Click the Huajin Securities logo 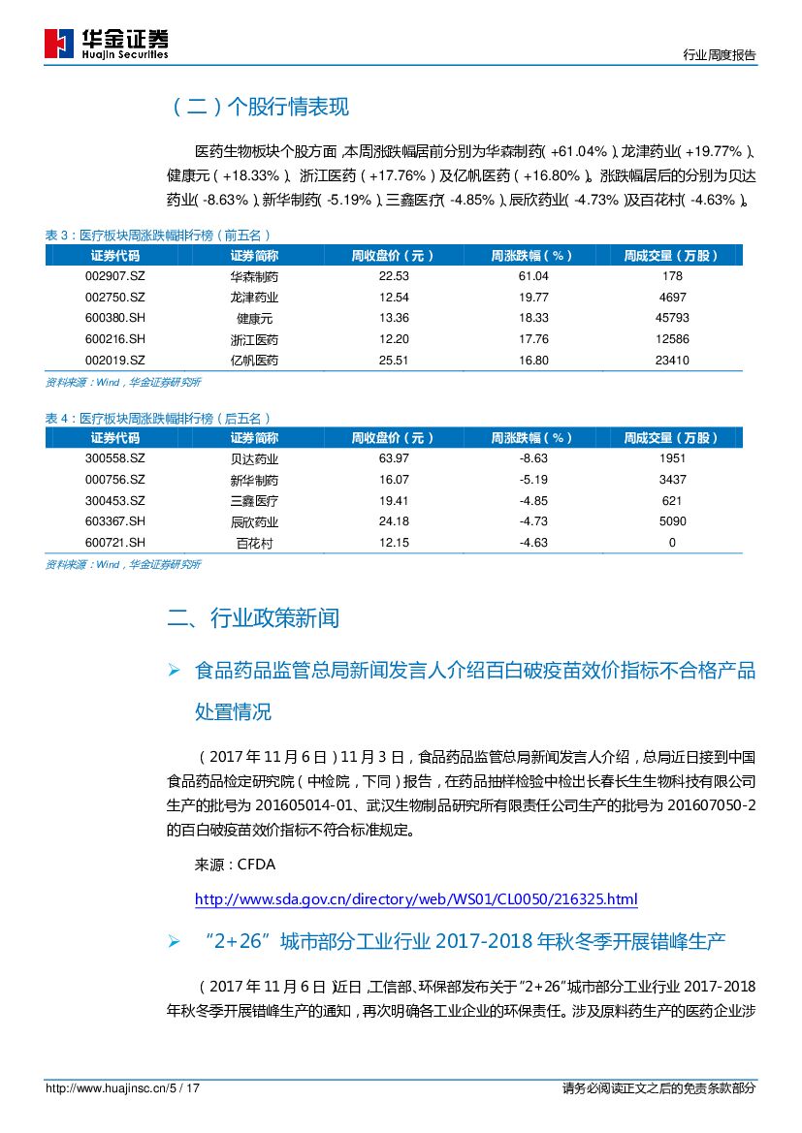(107, 44)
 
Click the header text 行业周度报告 (719, 55)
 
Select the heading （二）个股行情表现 (259, 108)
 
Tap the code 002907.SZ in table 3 (114, 276)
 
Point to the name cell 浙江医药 (254, 339)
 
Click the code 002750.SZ (114, 298)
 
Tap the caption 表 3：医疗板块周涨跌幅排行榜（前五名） (158, 236)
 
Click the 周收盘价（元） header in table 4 (393, 438)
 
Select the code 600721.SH (114, 543)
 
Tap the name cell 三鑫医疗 (254, 501)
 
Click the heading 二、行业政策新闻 (253, 618)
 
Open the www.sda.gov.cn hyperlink (416, 899)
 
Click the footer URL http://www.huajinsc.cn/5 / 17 (123, 1088)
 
